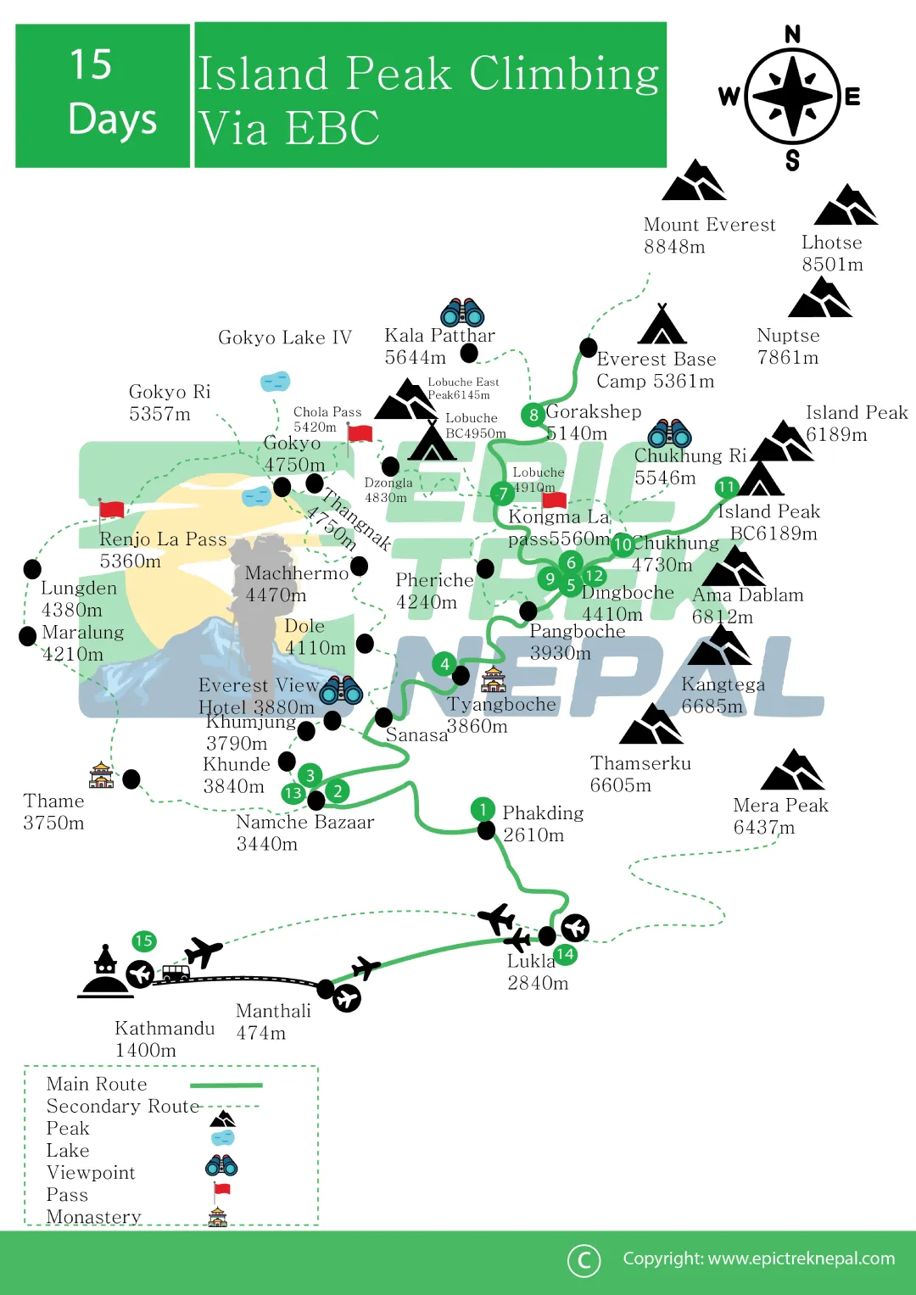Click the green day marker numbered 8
tap(533, 415)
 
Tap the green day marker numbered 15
tap(143, 941)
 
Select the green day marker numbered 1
tap(483, 809)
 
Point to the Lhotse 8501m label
tap(832, 254)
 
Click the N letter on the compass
tap(793, 34)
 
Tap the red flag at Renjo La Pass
tap(111, 509)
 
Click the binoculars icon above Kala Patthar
tap(462, 313)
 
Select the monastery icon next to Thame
tap(101, 774)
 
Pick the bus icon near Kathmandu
tap(176, 974)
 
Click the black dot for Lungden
tap(32, 568)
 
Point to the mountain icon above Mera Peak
tap(792, 770)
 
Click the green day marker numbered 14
tap(565, 954)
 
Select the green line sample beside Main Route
tap(226, 1085)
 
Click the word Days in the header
tap(113, 119)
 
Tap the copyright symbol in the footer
tap(584, 1260)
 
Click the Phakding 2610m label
tap(543, 823)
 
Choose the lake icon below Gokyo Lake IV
tap(276, 382)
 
